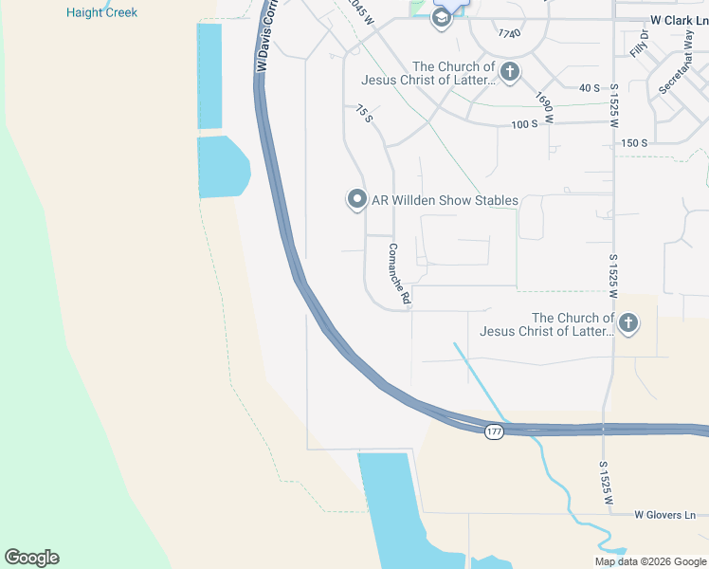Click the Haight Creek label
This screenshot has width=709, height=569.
pos(101,13)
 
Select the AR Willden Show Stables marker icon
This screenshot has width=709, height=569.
pos(356,199)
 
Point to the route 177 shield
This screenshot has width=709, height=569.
pos(493,432)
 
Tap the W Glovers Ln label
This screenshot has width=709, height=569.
pos(664,515)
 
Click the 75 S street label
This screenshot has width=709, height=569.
pos(364,115)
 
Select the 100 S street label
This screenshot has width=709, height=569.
pos(524,124)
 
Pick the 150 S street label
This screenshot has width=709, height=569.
pos(634,143)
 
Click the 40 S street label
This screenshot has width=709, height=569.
pos(590,88)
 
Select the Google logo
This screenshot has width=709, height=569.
pos(31,558)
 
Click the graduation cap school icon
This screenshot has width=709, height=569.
pos(441,18)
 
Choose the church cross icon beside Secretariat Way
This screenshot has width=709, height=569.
pos(627,325)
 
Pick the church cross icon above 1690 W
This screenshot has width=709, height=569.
pos(510,71)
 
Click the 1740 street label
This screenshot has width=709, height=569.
pos(509,34)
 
